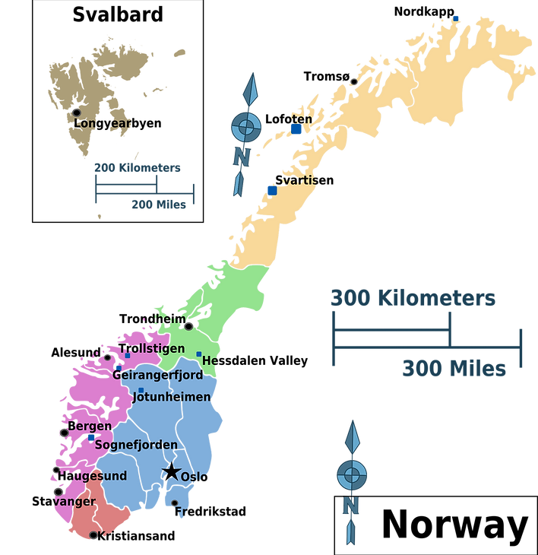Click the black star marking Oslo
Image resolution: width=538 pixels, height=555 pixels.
coord(172,472)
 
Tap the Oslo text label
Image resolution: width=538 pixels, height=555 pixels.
coord(195,477)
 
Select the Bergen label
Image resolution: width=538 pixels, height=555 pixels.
coord(90,426)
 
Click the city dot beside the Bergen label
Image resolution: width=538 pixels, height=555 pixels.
coord(65,433)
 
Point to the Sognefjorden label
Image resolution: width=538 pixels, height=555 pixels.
coord(136,445)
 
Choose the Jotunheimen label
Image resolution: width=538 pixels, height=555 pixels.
coord(171,397)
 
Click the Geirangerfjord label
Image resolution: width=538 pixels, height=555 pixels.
coord(157,375)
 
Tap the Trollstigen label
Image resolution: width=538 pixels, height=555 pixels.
coord(152,348)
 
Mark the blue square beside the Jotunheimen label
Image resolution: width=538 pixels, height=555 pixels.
coord(141,390)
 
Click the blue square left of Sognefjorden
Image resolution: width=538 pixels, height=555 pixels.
coord(91,438)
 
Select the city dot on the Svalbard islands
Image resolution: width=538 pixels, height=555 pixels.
coord(76,112)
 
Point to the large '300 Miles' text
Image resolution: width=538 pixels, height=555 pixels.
coord(454,369)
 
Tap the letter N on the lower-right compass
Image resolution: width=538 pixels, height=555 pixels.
coord(350,506)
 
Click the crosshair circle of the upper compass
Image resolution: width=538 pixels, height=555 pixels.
coord(245,127)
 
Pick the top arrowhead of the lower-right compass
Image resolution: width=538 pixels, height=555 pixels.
coord(352,436)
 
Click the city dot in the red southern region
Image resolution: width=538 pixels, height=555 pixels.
coord(93,535)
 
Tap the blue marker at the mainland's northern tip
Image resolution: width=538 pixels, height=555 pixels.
coord(456,17)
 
